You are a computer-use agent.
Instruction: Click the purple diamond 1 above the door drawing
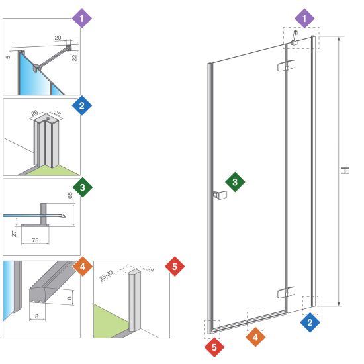click(x=304, y=19)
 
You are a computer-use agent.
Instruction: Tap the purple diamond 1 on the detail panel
click(x=81, y=19)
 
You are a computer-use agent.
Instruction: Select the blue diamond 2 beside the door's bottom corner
click(x=310, y=322)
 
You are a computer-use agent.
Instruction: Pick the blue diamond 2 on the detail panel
click(x=81, y=106)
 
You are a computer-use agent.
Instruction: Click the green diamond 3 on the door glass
click(x=235, y=182)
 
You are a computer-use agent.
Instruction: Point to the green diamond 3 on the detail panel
click(x=83, y=187)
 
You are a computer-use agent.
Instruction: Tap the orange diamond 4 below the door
click(x=255, y=337)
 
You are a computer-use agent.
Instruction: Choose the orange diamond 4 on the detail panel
click(x=83, y=267)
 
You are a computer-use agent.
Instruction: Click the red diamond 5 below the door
click(x=214, y=347)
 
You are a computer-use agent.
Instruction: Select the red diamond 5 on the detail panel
click(x=175, y=267)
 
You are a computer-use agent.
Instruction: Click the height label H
click(x=345, y=171)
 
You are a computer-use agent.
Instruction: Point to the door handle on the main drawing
click(x=220, y=195)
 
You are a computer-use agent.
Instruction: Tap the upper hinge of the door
click(x=286, y=66)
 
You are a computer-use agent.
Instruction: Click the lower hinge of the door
click(x=286, y=293)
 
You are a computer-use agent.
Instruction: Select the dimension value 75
click(x=35, y=240)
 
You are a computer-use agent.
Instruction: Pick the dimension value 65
click(x=70, y=195)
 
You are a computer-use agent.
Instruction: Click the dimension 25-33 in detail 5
click(x=107, y=275)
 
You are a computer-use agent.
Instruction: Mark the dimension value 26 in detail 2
click(x=34, y=113)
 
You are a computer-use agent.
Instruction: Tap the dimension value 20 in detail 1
click(x=58, y=38)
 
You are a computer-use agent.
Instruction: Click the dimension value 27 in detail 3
click(x=14, y=234)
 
